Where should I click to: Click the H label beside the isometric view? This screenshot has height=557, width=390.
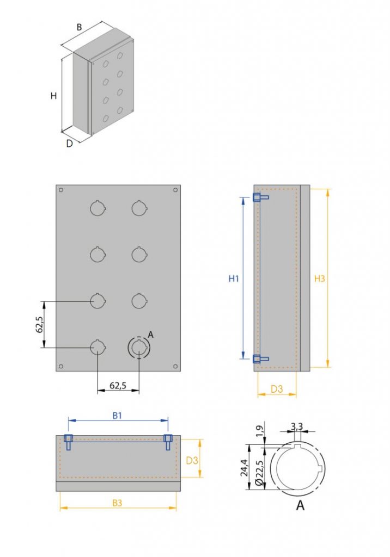pos(53,96)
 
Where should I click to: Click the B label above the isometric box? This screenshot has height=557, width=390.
pos(79,27)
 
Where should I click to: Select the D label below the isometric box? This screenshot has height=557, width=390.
pos(69,144)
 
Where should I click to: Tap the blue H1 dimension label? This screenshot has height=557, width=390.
pos(234,278)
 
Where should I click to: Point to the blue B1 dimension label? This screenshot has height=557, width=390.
pos(117,416)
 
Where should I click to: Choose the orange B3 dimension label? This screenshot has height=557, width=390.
pos(117,503)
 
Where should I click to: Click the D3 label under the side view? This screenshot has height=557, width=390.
pos(277,389)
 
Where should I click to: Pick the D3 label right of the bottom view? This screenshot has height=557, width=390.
pos(192,460)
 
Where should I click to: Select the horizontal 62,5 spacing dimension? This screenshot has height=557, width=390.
pos(118,386)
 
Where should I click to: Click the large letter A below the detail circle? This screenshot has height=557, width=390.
pos(300,506)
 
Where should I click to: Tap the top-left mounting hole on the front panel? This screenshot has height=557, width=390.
pos(61,190)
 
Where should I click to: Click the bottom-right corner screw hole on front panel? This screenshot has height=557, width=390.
pos(175,366)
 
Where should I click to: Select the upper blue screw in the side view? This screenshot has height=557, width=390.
pos(260,198)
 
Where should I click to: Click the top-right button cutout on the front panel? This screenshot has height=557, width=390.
pos(139,208)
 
